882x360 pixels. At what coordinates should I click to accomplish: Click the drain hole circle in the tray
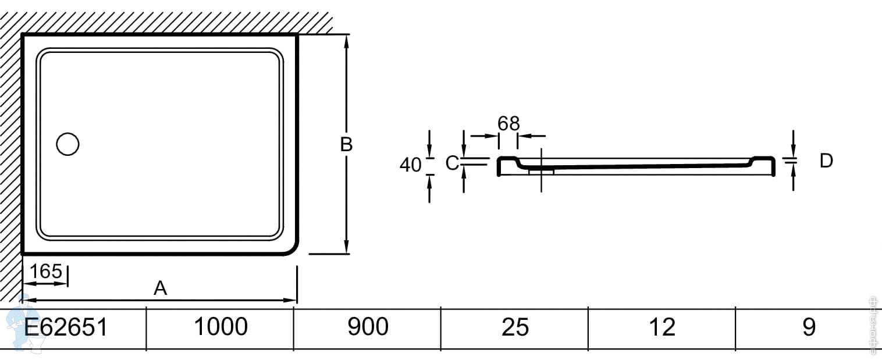click(67, 144)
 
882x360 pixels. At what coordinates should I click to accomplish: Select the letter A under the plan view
click(160, 288)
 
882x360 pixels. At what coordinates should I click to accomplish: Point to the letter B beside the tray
click(346, 144)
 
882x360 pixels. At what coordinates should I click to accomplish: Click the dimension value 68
click(508, 123)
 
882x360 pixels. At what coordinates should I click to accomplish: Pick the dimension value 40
click(410, 165)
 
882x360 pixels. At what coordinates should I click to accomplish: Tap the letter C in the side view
click(452, 164)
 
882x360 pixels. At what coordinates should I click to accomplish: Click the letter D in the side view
click(826, 161)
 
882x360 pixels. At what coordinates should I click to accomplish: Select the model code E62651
click(65, 327)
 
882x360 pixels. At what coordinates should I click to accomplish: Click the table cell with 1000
click(220, 327)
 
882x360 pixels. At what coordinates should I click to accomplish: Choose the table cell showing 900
click(368, 327)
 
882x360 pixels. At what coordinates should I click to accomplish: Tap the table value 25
click(515, 327)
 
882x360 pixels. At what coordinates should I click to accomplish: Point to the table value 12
click(662, 327)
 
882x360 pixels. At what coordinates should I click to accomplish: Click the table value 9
click(809, 327)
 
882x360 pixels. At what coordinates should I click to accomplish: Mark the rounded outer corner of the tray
click(291, 248)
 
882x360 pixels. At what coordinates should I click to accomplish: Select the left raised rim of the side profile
click(506, 159)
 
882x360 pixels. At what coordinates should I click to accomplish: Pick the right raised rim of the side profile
click(764, 159)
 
